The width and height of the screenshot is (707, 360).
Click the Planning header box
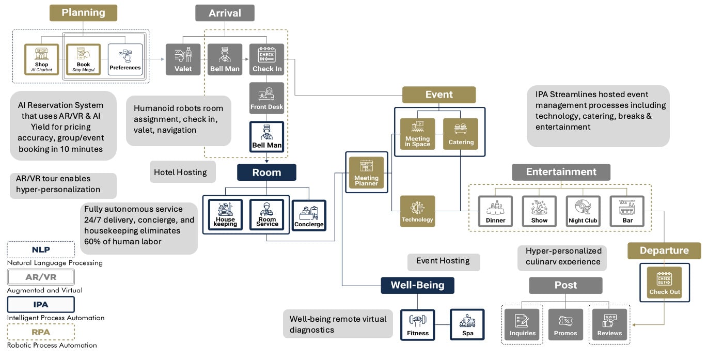click(x=83, y=13)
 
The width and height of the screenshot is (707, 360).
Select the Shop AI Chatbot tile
click(x=41, y=59)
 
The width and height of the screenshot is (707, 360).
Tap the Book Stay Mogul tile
click(x=83, y=59)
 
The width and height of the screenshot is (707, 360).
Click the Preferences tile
click(x=125, y=59)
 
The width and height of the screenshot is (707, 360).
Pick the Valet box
click(x=183, y=59)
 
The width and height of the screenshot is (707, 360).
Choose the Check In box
click(x=267, y=59)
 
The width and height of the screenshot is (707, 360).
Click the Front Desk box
click(x=267, y=98)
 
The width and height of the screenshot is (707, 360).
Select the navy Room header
click(x=266, y=173)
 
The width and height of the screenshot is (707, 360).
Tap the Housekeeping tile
click(x=225, y=214)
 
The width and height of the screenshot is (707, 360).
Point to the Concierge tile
click(x=309, y=215)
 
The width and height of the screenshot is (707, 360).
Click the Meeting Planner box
click(x=366, y=173)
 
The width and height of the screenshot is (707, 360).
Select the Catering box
click(x=461, y=134)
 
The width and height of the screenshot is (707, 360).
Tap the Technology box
click(x=417, y=211)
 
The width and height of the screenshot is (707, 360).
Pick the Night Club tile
click(x=583, y=211)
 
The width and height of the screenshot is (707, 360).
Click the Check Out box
click(x=664, y=282)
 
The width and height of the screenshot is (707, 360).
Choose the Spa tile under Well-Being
click(x=467, y=324)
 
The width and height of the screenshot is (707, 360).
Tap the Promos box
click(x=565, y=325)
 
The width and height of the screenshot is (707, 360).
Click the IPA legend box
click(x=41, y=305)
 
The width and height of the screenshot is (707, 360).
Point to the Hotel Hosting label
click(x=180, y=173)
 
